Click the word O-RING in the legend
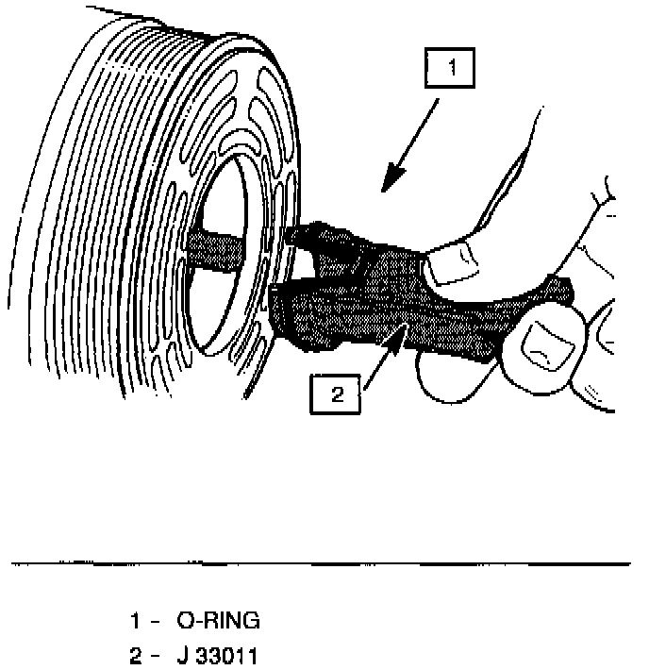point(218,621)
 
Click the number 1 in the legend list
point(136,621)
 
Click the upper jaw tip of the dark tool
point(294,233)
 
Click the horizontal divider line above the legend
point(321,564)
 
